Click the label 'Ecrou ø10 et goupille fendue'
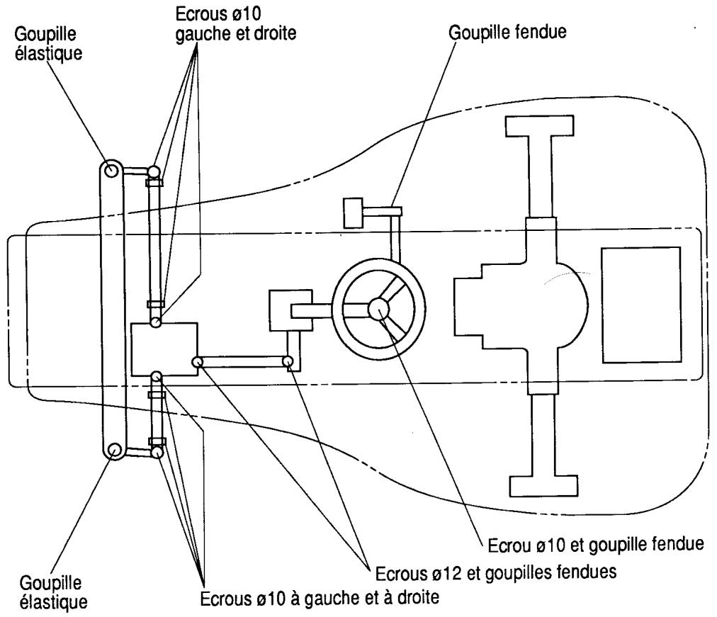(595, 545)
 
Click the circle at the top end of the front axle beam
(111, 170)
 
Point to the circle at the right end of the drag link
(288, 362)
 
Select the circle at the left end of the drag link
(197, 362)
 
